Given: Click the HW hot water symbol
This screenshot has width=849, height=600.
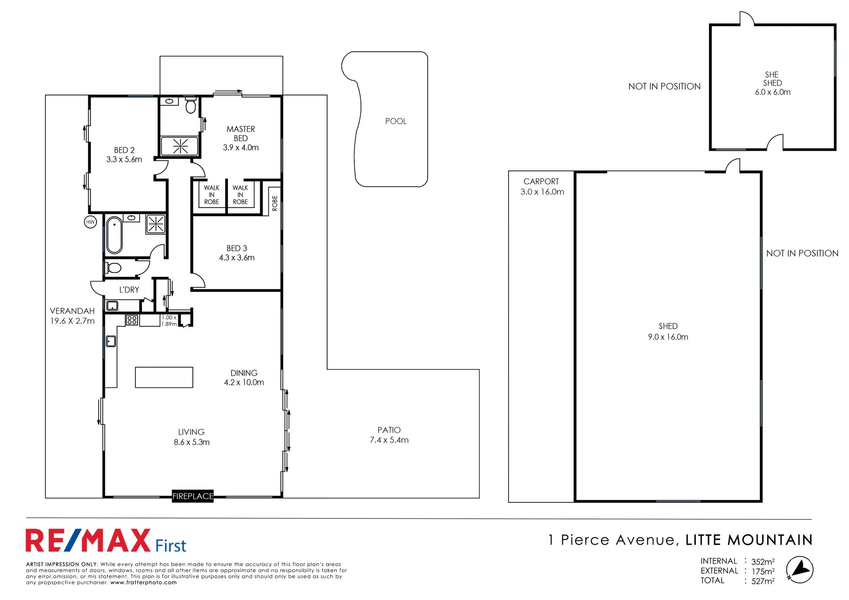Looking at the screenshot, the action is pyautogui.click(x=90, y=222).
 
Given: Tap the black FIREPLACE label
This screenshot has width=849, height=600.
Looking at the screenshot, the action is pyautogui.click(x=193, y=496).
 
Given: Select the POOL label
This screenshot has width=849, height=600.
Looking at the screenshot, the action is pyautogui.click(x=396, y=121).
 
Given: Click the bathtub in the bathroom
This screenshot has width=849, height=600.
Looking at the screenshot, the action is pyautogui.click(x=114, y=235).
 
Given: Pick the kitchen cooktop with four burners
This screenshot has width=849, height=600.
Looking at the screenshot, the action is pyautogui.click(x=132, y=320).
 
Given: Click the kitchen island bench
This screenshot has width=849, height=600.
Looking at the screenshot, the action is pyautogui.click(x=164, y=377).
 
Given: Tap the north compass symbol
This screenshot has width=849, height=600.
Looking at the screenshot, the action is pyautogui.click(x=799, y=569).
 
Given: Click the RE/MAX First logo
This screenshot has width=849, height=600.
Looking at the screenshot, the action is pyautogui.click(x=106, y=541).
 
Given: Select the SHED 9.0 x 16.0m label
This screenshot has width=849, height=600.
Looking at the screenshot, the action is pyautogui.click(x=668, y=332).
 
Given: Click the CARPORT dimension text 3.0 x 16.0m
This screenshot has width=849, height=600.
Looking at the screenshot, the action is pyautogui.click(x=542, y=192).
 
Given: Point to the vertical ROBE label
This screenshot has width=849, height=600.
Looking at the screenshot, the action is pyautogui.click(x=275, y=203).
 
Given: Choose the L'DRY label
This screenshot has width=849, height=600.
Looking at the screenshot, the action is pyautogui.click(x=129, y=290).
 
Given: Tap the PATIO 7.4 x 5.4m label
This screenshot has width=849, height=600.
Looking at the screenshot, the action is pyautogui.click(x=389, y=435).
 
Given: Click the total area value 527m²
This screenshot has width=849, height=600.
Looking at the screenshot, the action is pyautogui.click(x=763, y=581).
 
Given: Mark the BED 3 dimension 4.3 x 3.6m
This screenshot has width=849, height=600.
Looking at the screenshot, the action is pyautogui.click(x=236, y=258).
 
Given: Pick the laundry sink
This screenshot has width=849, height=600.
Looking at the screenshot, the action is pyautogui.click(x=112, y=306).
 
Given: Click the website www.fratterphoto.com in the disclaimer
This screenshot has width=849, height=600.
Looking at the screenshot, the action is pyautogui.click(x=143, y=583).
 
